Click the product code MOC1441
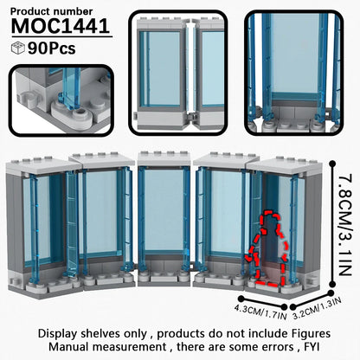click(x=61, y=26)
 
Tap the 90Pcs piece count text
click(x=52, y=48)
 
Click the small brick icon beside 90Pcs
click(x=18, y=48)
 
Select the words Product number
click(x=51, y=11)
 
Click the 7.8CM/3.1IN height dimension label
click(x=344, y=225)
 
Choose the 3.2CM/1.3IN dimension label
click(x=317, y=309)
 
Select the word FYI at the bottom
click(x=312, y=346)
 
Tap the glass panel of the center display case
click(x=164, y=210)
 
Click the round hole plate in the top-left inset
click(x=81, y=112)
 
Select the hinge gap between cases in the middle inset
click(x=190, y=69)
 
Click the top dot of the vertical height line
click(x=332, y=164)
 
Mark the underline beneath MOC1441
click(x=61, y=36)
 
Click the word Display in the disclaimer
click(x=58, y=334)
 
